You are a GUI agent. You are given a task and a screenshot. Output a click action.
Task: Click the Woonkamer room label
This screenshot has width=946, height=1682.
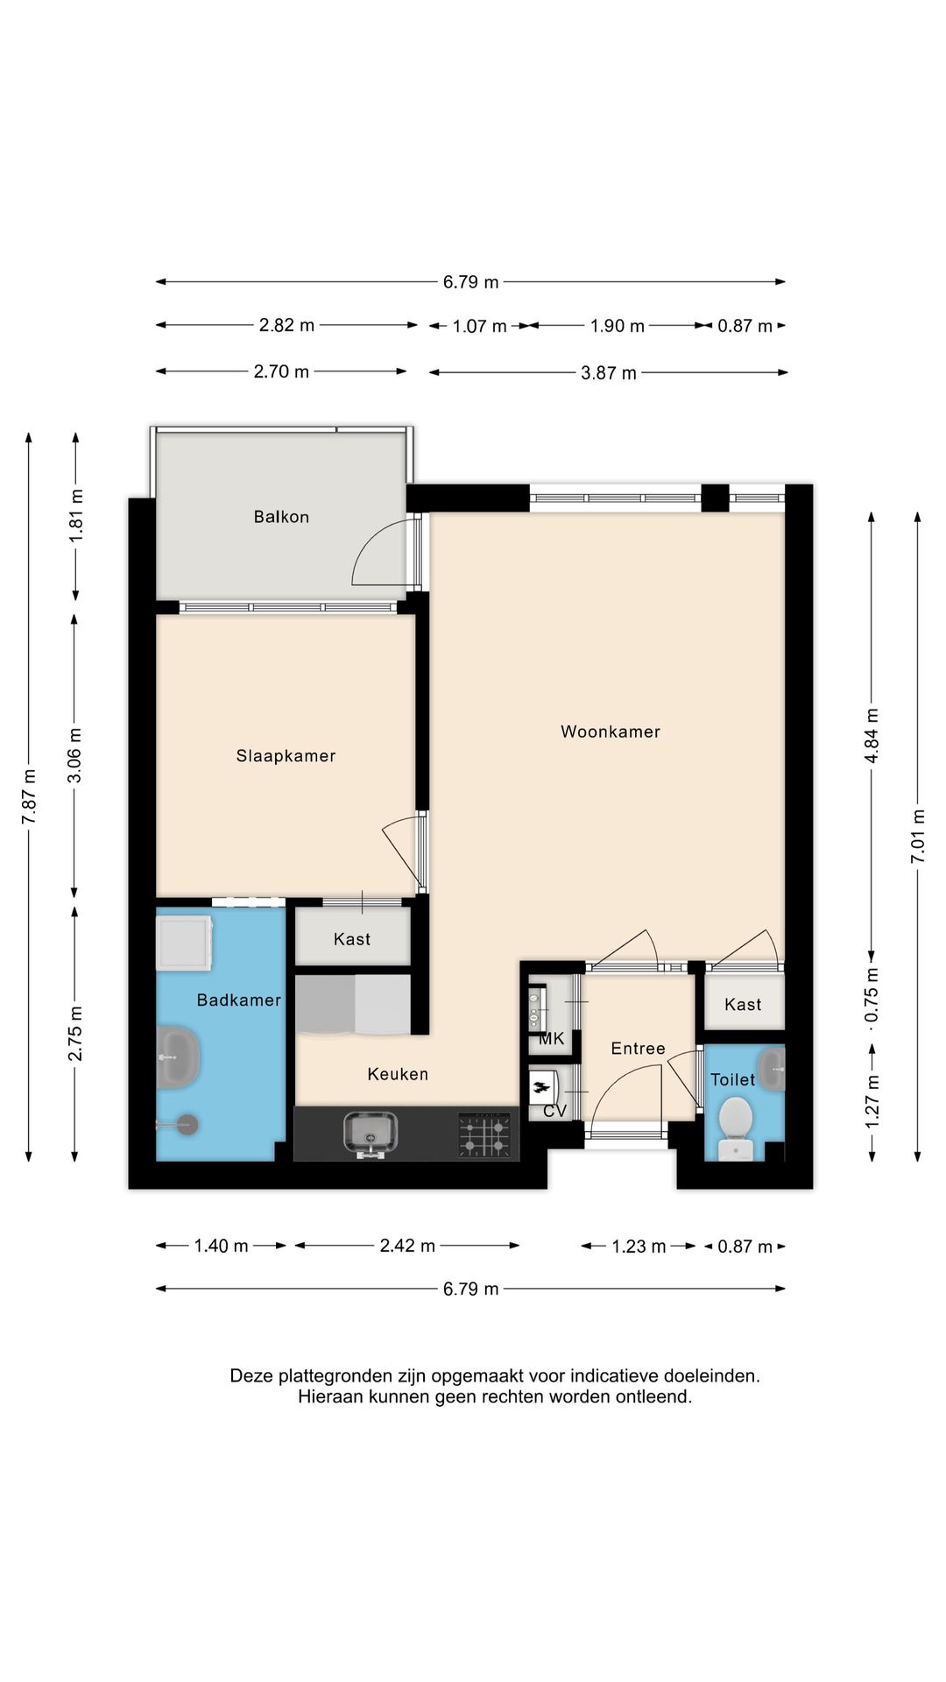[x=611, y=731]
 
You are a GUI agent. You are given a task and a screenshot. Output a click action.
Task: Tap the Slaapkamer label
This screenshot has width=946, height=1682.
[x=286, y=756]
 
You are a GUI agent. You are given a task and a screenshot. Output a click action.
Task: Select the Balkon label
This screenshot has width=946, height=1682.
[x=281, y=517]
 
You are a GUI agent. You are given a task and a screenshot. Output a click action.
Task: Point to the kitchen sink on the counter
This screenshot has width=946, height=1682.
[x=371, y=1134]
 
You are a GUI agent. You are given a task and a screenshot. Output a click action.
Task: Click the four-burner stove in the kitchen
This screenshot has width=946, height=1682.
[x=484, y=1135]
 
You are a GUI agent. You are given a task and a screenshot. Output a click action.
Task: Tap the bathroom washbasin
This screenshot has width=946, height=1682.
[x=179, y=1057]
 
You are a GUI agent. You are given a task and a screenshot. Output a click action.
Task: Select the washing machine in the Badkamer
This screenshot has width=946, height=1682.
[x=184, y=943]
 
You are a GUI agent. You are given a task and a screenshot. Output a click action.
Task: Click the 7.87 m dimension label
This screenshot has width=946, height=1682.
[x=30, y=796]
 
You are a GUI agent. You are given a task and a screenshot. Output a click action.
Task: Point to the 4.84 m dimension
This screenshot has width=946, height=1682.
[x=872, y=736]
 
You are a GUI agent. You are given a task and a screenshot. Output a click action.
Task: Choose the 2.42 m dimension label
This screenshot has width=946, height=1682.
[x=407, y=1246]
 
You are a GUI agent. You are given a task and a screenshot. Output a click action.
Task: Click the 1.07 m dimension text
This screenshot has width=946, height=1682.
[x=480, y=327]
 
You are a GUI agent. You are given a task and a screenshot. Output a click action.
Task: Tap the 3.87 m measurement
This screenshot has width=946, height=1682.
[x=609, y=373]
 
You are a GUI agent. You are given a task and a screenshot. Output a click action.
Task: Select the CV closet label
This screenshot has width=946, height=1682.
[x=555, y=1111]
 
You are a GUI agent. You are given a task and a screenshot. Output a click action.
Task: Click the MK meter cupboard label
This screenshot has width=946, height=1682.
[x=552, y=1039]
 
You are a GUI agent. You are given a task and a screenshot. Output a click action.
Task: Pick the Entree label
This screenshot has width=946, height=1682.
[x=638, y=1049]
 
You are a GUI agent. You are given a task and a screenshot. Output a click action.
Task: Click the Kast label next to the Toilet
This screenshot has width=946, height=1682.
[x=743, y=1005]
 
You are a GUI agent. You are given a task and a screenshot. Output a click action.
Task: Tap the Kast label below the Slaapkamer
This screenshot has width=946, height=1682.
[x=352, y=939]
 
